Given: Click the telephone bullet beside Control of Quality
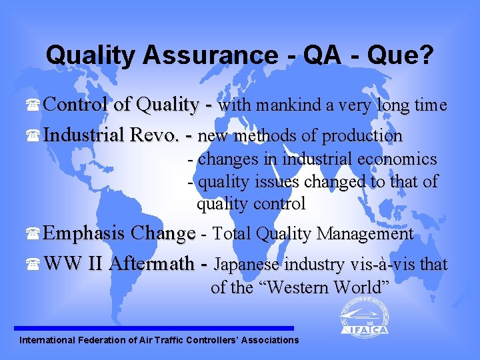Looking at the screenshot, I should (35, 107).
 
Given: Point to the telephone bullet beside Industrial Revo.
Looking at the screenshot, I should (35, 137).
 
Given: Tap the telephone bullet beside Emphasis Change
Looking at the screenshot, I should (35, 235).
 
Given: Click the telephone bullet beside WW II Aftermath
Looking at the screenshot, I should (35, 265).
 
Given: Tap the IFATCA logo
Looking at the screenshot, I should (364, 317).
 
